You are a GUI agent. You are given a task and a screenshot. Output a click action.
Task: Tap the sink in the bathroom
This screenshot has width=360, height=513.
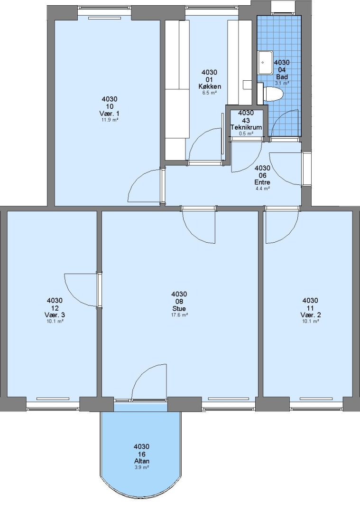266,63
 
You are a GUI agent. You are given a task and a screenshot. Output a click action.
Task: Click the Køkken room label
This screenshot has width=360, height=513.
209,86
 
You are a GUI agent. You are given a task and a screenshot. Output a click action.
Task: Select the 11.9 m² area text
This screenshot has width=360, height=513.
110,120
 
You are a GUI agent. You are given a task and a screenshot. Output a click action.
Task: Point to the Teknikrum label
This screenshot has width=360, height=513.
246,127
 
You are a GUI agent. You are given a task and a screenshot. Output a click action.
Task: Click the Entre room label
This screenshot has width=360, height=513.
262,182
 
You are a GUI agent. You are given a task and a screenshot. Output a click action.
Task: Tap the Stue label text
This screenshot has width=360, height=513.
179,309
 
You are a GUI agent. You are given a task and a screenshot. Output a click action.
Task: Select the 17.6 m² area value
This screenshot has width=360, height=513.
179,315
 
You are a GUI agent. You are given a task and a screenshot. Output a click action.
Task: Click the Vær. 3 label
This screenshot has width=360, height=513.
55,315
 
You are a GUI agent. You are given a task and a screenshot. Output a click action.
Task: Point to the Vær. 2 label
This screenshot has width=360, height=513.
310,315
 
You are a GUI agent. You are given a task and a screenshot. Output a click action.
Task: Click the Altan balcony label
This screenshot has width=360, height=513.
142,461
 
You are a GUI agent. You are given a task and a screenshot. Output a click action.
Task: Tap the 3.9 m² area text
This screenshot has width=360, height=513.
142,467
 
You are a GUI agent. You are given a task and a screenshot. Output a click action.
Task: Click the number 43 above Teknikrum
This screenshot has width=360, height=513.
246,120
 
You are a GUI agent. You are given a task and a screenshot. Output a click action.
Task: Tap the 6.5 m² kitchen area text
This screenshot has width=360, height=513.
209,93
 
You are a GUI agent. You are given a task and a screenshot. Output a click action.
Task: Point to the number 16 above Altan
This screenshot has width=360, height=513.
142,454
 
